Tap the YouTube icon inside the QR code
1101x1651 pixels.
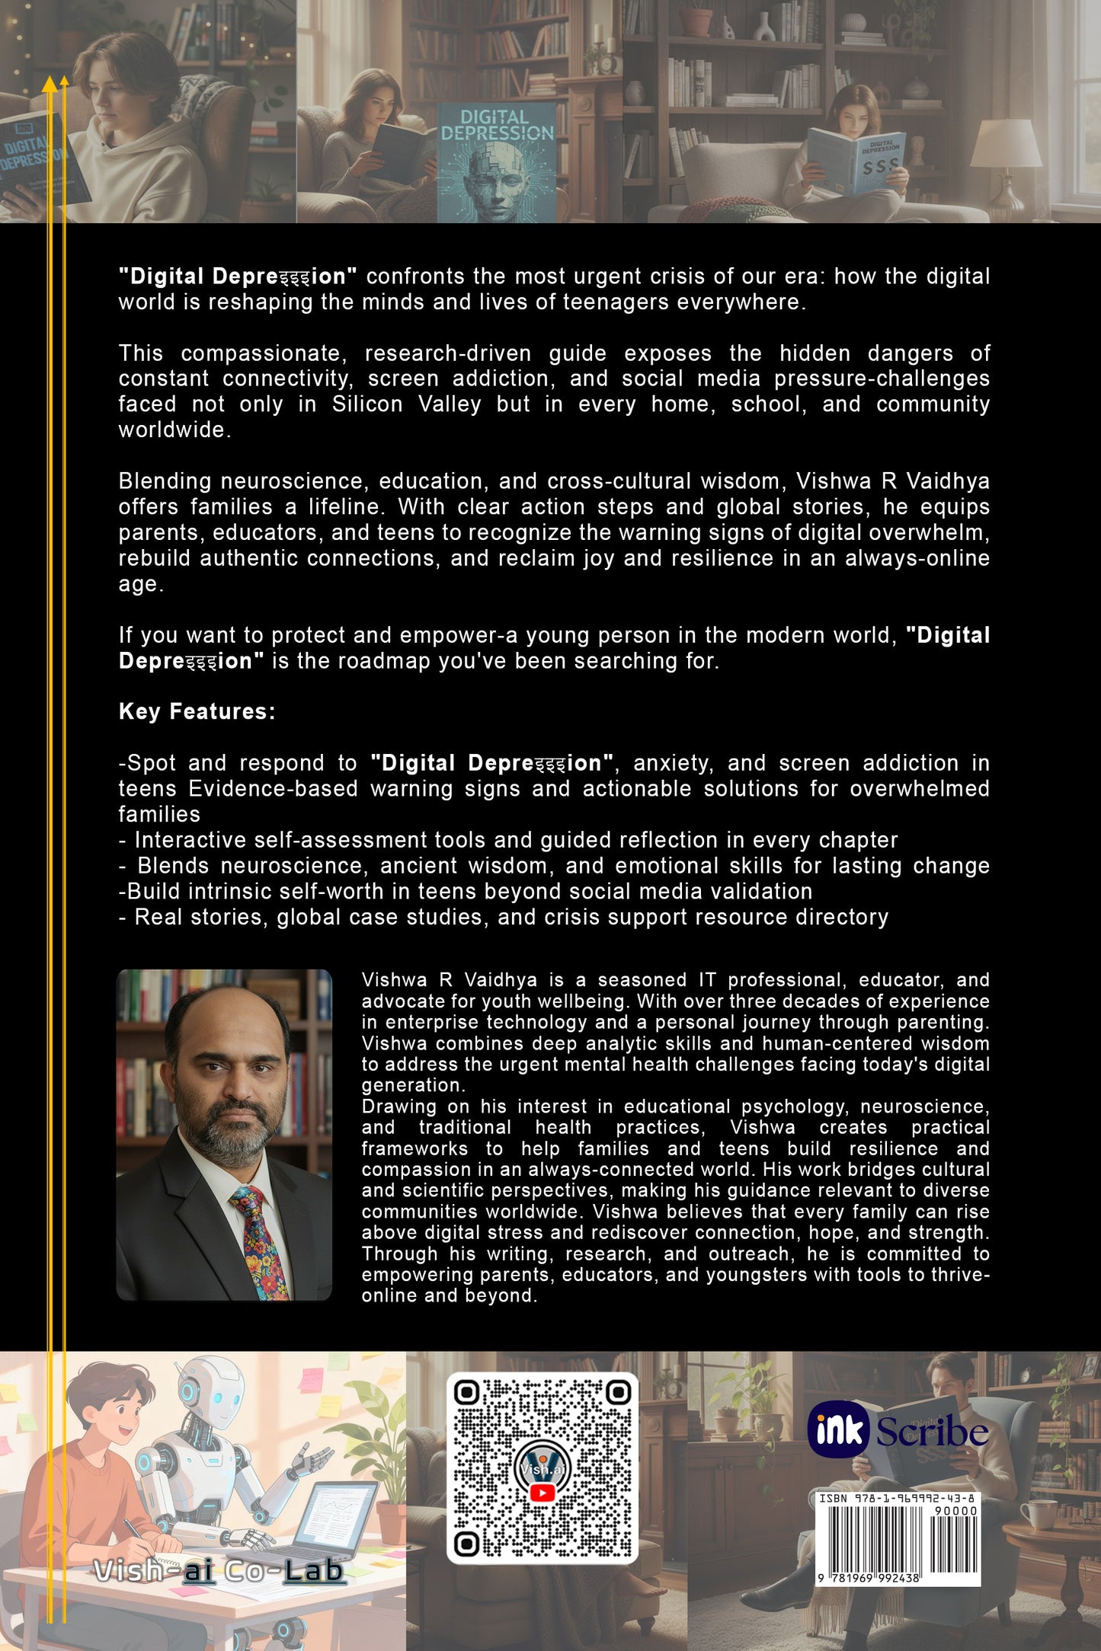tap(542, 1493)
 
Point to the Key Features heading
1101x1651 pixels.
tap(197, 712)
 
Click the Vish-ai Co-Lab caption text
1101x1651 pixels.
tap(219, 1570)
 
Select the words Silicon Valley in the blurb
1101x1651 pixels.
tap(406, 404)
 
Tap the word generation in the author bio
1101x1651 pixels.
tap(410, 1085)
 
